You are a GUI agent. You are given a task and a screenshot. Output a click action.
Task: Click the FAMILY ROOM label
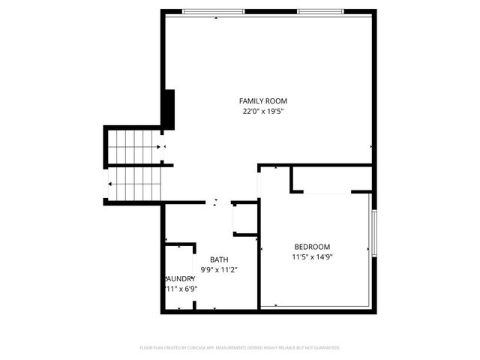pyautogui.click(x=262, y=101)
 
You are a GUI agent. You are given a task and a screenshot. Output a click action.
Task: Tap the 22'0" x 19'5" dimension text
pyautogui.click(x=262, y=112)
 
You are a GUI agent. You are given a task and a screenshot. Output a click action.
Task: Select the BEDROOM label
pyautogui.click(x=311, y=247)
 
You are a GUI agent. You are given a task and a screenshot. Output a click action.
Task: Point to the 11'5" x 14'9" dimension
pyautogui.click(x=311, y=257)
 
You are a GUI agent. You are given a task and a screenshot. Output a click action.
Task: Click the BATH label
pyautogui.click(x=219, y=260)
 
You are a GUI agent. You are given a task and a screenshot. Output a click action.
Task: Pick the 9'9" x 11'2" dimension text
pyautogui.click(x=219, y=271)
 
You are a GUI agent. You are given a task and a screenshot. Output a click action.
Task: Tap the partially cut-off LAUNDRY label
pyautogui.click(x=180, y=278)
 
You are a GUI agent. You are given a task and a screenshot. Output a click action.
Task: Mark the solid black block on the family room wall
pyautogui.click(x=169, y=109)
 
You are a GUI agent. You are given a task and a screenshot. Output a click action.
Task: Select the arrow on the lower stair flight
pyautogui.click(x=112, y=184)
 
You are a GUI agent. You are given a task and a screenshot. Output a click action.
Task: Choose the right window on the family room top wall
pyautogui.click(x=321, y=11)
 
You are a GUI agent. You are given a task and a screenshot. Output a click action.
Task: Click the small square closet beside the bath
pyautogui.click(x=245, y=219)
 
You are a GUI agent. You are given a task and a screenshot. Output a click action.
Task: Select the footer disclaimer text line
pyautogui.click(x=240, y=348)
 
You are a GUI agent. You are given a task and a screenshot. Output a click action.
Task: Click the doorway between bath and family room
pyautogui.click(x=218, y=202)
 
